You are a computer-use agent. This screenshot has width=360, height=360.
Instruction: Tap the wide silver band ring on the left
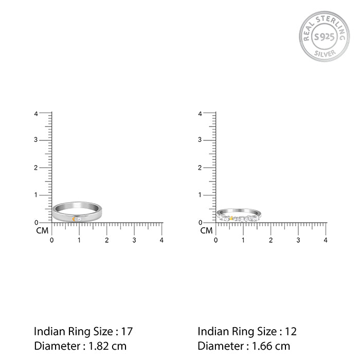click(x=77, y=213)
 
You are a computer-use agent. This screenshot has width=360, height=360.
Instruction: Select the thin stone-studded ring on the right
click(x=237, y=215)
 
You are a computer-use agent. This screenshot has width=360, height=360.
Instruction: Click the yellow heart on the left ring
click(x=75, y=219)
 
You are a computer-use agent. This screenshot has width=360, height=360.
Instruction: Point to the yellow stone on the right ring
click(x=231, y=219)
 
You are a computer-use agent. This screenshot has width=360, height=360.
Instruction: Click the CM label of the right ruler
click(x=206, y=231)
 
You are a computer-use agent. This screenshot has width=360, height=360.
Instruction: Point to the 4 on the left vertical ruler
click(x=36, y=113)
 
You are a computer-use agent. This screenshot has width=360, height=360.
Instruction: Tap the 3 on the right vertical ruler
click(x=200, y=140)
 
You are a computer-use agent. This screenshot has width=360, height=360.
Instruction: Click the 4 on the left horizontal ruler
click(x=161, y=240)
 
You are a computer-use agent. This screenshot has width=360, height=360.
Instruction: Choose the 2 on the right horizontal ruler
click(x=271, y=240)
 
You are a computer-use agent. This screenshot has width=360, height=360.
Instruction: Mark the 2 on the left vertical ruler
click(x=36, y=168)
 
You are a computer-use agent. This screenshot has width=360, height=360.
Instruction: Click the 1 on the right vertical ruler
click(x=200, y=195)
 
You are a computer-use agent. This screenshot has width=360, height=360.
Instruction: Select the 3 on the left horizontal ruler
click(x=134, y=240)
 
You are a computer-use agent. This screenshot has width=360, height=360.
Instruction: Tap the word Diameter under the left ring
click(x=54, y=346)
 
